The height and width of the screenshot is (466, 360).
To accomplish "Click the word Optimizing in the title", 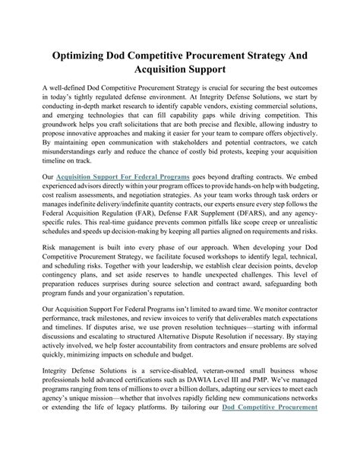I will click(82, 57).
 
